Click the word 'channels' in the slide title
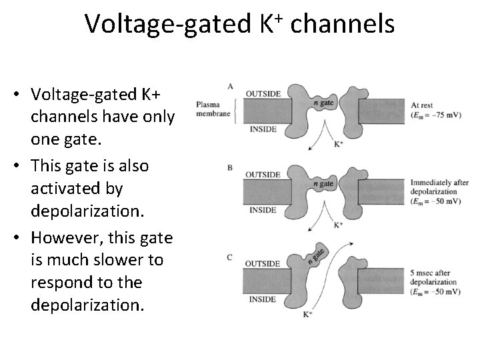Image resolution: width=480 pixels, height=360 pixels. pyautogui.click(x=343, y=25)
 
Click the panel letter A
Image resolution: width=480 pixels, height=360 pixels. pyautogui.click(x=231, y=87)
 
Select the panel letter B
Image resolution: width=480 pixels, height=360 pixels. pyautogui.click(x=230, y=168)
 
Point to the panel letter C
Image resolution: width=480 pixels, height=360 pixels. pyautogui.click(x=231, y=257)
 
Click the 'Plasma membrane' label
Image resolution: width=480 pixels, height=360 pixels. pyautogui.click(x=213, y=109)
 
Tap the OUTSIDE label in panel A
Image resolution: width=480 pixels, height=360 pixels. pyautogui.click(x=263, y=93)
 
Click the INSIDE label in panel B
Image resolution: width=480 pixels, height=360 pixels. pyautogui.click(x=262, y=210)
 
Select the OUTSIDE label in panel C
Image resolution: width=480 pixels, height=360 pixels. pyautogui.click(x=263, y=263)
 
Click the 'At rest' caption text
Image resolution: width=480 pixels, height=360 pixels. pyautogui.click(x=423, y=105)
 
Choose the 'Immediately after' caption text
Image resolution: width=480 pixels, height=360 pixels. pyautogui.click(x=434, y=182)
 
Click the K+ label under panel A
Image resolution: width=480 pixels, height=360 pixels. pyautogui.click(x=338, y=143)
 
